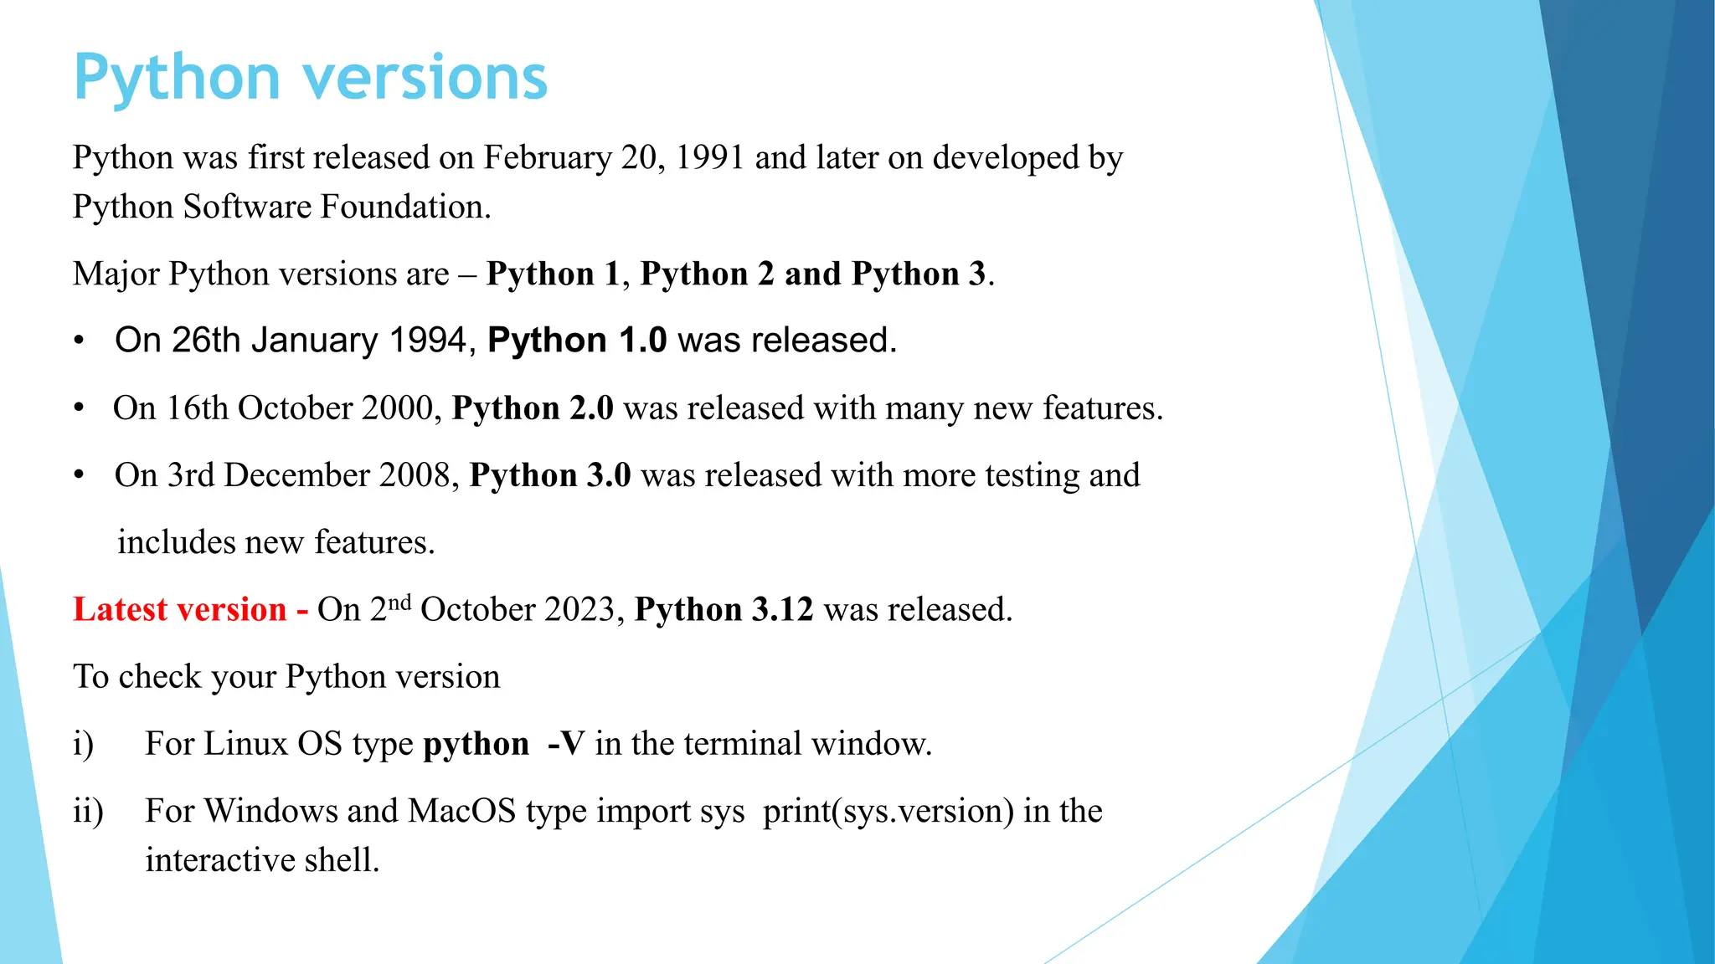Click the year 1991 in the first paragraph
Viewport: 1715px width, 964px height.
coord(709,157)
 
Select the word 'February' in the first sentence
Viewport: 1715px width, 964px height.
coord(548,157)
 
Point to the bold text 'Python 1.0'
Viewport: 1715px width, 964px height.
coord(577,341)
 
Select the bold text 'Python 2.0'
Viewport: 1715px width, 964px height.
coord(533,408)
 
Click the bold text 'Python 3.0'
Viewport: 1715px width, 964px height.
coord(550,475)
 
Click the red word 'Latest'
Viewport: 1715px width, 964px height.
coord(121,609)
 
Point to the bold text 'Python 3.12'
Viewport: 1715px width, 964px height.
coord(724,609)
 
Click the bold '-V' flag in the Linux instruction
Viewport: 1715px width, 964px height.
coord(565,744)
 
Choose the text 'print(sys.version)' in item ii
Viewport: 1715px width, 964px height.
coord(888,811)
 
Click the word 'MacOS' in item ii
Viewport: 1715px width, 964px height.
coord(461,811)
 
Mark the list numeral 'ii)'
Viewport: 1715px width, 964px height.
coord(88,811)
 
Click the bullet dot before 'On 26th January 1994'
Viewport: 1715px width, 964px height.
coord(79,341)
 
